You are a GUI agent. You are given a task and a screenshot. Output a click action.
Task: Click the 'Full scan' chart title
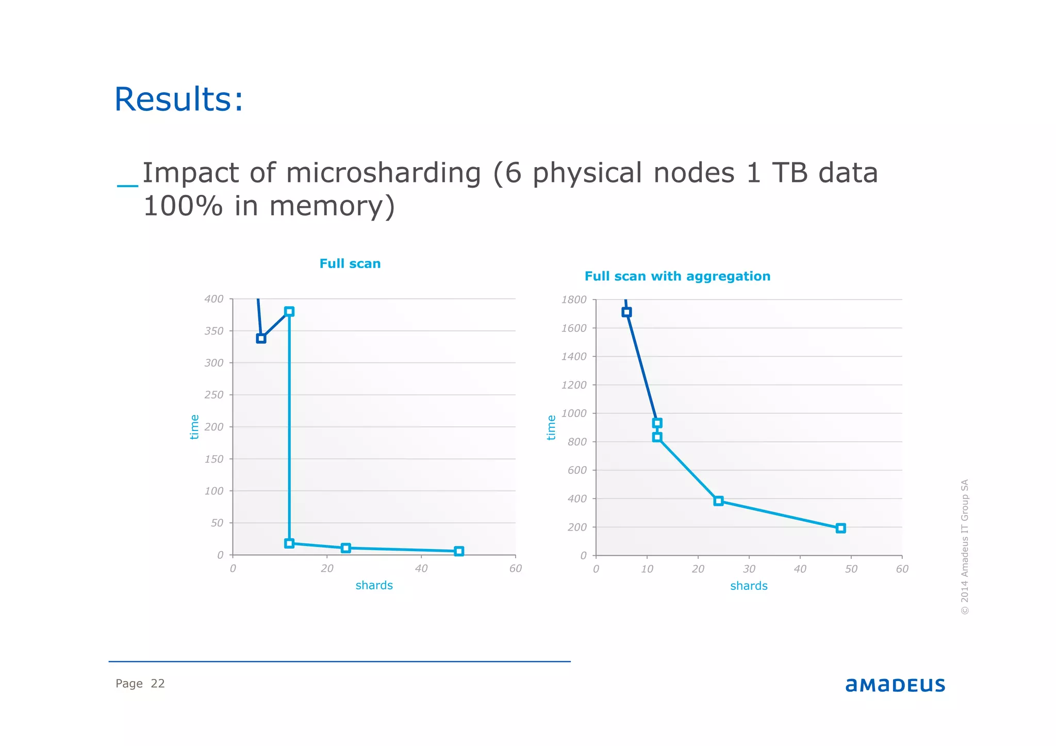(350, 263)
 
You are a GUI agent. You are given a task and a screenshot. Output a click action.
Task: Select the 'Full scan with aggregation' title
(677, 276)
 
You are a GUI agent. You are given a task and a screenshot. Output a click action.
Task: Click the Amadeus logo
(895, 685)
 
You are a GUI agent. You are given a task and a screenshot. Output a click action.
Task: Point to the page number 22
(157, 684)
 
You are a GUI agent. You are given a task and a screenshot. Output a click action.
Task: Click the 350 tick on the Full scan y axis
(214, 331)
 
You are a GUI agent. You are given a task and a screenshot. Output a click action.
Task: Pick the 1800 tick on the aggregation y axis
(574, 300)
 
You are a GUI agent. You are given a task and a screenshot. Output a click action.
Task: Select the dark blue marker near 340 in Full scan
(261, 338)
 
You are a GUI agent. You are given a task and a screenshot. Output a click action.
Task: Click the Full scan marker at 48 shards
(459, 551)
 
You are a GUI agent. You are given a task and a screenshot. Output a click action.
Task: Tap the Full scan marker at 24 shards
(346, 548)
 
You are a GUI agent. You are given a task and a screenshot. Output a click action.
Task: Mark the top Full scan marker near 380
(289, 311)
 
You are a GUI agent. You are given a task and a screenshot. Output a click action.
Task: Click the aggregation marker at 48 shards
(840, 528)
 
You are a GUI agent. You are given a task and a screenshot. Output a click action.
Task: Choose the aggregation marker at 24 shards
(718, 501)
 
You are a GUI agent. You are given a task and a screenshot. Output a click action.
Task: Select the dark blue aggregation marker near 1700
(626, 312)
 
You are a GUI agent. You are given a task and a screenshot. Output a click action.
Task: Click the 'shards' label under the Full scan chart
(374, 585)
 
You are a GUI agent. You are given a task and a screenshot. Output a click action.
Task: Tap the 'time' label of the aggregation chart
(551, 427)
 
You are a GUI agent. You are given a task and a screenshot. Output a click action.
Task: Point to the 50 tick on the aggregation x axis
(851, 569)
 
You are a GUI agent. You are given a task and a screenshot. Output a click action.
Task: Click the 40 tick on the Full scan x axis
(421, 568)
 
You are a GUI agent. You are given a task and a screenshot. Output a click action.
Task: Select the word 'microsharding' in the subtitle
(383, 173)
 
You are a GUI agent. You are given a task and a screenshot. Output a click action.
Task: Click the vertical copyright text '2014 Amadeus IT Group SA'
(964, 546)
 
